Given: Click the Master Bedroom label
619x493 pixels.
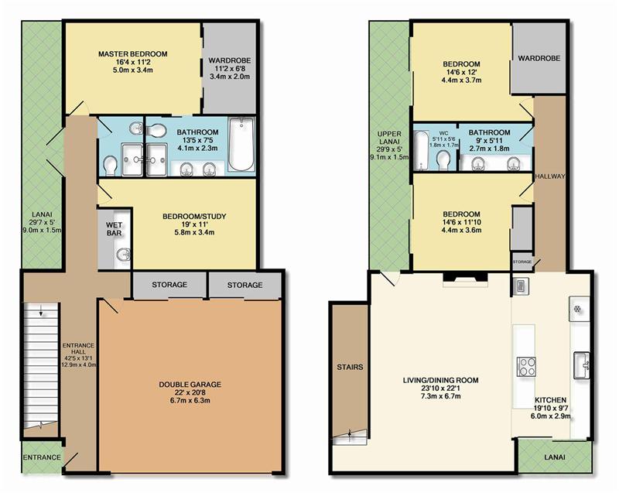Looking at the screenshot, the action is [x=132, y=53].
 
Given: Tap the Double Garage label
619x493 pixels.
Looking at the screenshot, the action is [x=190, y=385].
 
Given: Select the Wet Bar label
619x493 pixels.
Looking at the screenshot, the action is [x=114, y=229].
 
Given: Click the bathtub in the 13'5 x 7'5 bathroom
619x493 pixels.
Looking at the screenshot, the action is [x=241, y=144].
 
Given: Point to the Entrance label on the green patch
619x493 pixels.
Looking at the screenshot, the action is [x=42, y=457].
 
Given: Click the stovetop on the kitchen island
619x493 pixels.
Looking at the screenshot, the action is [x=527, y=367].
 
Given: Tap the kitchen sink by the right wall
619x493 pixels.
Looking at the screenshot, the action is [x=582, y=365].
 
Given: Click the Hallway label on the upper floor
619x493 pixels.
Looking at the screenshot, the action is [x=550, y=176].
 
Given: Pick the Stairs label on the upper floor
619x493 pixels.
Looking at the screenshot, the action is [x=350, y=367].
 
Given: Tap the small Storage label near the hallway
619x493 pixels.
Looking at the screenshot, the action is [x=522, y=262].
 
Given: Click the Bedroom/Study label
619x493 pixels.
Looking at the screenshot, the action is [x=194, y=216].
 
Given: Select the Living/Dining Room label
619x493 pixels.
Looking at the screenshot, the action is [x=440, y=381].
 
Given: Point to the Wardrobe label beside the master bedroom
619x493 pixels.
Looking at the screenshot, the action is [x=229, y=61].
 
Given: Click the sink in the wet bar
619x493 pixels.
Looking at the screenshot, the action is [x=125, y=255].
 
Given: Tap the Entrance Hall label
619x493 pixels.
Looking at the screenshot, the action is [x=79, y=348].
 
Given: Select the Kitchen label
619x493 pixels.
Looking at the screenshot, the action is [x=550, y=400].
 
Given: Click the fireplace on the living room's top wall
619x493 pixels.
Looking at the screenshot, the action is [x=465, y=277].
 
